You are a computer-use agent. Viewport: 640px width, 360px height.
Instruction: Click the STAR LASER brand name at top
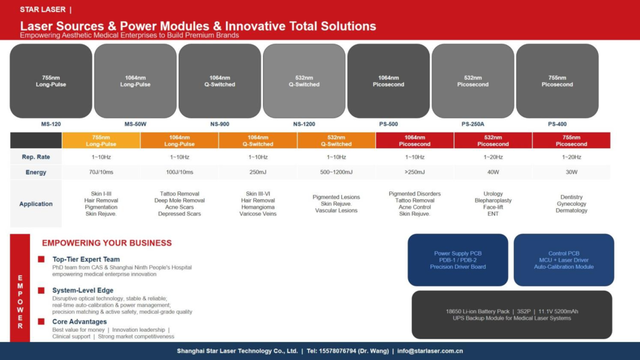[x=43, y=9]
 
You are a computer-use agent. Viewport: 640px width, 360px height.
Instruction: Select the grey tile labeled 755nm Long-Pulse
[x=51, y=81]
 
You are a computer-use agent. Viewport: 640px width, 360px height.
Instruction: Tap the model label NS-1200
[x=304, y=124]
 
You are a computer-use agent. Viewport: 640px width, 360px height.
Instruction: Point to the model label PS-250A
[x=472, y=124]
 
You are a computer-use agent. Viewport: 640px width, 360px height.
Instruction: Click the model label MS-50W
[x=135, y=124]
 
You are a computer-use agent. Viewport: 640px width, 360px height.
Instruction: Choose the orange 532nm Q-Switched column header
[x=336, y=141]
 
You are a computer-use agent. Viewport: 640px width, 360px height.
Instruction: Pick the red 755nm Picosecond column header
[x=571, y=141]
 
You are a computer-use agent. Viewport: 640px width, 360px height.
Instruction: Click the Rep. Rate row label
[x=36, y=157]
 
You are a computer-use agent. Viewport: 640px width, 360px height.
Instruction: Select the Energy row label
[x=36, y=172]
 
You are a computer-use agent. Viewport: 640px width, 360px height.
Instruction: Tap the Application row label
[x=36, y=204]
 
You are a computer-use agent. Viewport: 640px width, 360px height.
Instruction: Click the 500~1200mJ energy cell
[x=336, y=172]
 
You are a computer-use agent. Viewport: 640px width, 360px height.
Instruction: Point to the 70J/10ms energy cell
[x=101, y=172]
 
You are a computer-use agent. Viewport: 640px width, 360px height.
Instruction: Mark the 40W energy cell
[x=493, y=172]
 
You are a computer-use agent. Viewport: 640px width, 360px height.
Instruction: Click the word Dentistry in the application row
[x=571, y=197]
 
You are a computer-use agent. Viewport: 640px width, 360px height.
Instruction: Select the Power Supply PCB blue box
[x=458, y=260]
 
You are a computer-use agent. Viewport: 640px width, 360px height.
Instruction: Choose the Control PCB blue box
[x=564, y=260]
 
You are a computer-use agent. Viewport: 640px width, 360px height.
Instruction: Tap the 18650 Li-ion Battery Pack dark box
[x=512, y=315]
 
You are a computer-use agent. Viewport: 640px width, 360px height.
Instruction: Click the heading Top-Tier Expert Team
[x=86, y=259]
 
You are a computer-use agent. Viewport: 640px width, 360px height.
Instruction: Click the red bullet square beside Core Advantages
[x=41, y=322]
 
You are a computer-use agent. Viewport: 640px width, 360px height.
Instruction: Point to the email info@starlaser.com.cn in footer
[x=430, y=351]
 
